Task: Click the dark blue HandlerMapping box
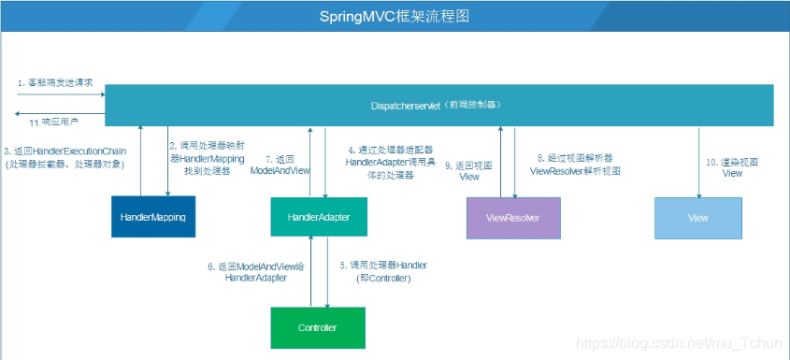coord(153,217)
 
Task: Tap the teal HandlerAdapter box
coord(319,217)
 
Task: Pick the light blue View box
coord(697,217)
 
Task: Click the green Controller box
coord(317,328)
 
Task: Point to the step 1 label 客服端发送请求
coord(55,82)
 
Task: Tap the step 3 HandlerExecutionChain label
coord(65,157)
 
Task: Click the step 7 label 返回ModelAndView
coord(281,165)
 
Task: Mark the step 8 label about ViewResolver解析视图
coord(574,165)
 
